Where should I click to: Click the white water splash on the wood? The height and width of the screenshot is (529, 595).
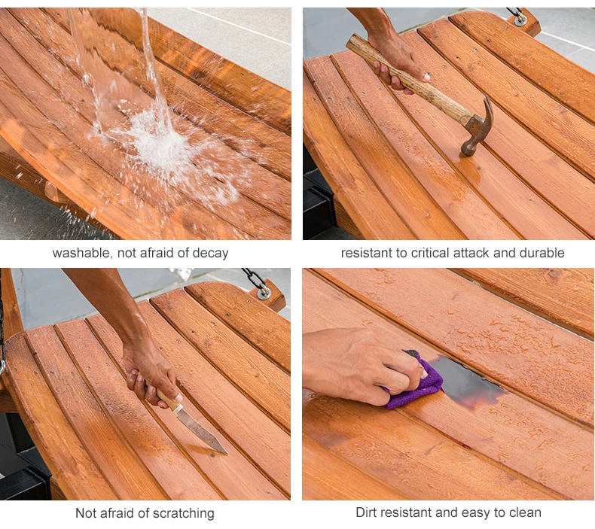(160, 144)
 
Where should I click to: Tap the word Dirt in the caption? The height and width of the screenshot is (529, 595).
(366, 512)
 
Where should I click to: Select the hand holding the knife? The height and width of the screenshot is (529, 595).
(152, 375)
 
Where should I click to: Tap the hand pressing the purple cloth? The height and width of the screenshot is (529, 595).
(365, 364)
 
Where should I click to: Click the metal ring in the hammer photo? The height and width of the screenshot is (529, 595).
(520, 20)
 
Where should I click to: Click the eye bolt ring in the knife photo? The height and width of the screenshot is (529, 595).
(264, 292)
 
